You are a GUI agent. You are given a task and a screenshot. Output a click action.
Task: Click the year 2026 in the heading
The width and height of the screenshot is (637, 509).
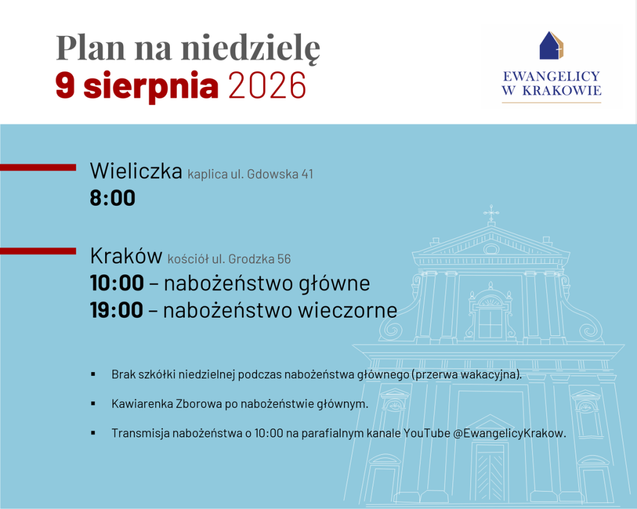pos(267,85)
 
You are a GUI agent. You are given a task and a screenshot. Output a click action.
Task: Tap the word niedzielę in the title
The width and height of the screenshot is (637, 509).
pos(251,48)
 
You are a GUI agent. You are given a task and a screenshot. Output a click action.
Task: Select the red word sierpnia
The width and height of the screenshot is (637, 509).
pos(151,86)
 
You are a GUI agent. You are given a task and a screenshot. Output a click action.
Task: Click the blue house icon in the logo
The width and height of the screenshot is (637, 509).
pos(551,45)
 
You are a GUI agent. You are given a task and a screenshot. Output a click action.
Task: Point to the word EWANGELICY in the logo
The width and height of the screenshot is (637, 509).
pos(551,77)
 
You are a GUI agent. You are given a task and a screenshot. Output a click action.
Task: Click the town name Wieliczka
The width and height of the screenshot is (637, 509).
pos(136,170)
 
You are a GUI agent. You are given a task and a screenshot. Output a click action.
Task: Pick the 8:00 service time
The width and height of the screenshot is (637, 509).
pos(113,198)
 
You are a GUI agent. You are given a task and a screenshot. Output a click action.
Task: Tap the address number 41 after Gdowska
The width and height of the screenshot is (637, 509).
pos(307,174)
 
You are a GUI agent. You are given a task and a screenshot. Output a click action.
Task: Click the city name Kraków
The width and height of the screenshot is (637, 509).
pos(126,256)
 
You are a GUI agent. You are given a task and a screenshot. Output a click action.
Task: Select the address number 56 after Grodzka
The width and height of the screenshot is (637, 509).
pos(284,259)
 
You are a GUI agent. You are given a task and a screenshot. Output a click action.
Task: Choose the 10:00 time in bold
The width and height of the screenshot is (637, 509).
pos(117,283)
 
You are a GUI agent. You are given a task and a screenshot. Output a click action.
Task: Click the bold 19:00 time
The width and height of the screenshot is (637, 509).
pos(116,310)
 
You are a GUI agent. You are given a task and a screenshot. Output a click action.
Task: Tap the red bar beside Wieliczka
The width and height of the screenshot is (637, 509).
pos(38,167)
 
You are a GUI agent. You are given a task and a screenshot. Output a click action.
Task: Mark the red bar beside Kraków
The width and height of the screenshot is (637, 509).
pos(38,251)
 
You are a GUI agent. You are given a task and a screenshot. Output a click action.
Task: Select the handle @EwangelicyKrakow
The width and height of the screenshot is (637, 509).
pos(509,434)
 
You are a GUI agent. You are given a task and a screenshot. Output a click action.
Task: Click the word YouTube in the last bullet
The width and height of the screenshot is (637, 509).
pos(427,434)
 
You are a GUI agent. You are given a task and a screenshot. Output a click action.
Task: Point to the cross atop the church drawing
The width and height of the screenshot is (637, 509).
pos(491,212)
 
